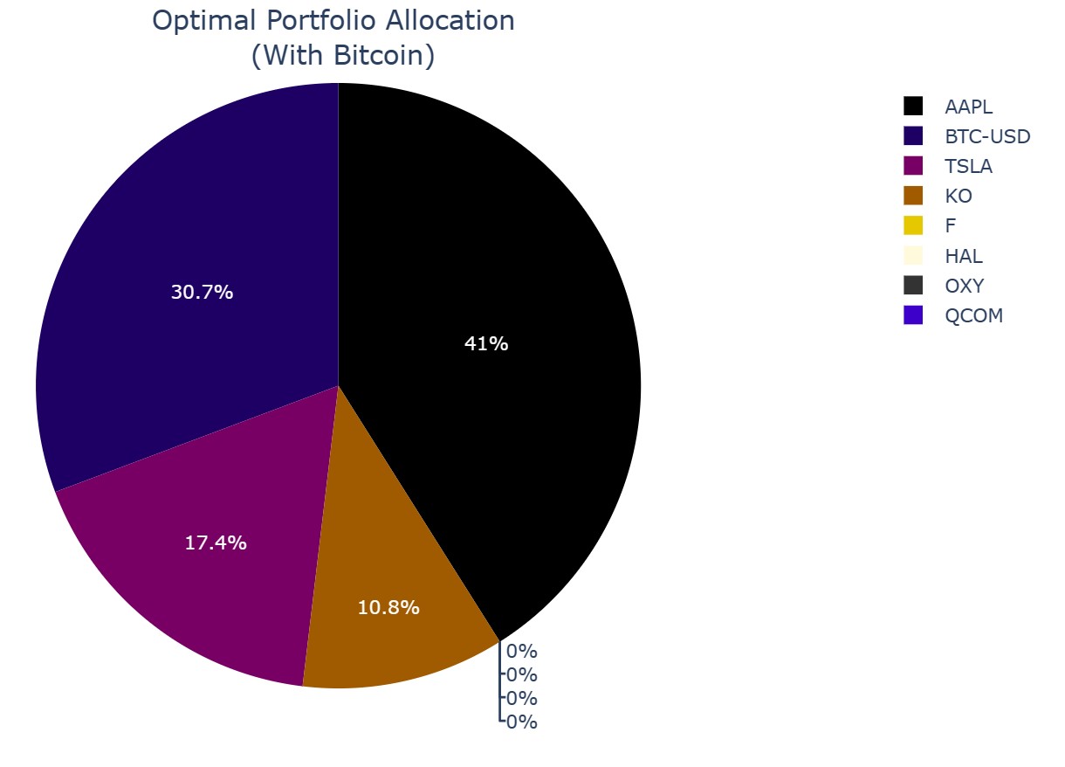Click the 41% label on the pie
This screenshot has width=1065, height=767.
coord(486,344)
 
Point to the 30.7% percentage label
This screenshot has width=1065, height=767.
coord(202,293)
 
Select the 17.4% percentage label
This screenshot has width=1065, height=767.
coord(216,542)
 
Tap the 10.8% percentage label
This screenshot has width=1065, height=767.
coord(388,608)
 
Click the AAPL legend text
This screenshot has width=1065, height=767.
coord(968,107)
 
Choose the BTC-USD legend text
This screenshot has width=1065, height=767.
coord(987,137)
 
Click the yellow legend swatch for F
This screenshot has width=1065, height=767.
coord(913,226)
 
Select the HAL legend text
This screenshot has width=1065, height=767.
coord(964,257)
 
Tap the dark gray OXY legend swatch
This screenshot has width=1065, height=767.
coord(913,286)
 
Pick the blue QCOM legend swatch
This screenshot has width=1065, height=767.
coord(913,316)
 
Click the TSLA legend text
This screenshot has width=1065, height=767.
coord(968,167)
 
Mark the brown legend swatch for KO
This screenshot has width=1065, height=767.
coord(913,197)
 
